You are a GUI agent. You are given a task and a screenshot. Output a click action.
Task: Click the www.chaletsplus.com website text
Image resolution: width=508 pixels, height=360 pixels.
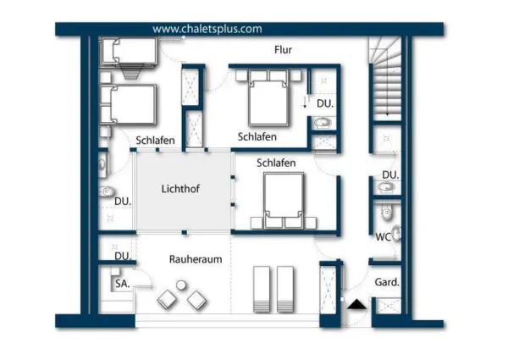tap(207, 28)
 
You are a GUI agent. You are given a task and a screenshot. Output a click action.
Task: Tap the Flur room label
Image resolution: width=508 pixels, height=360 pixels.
tap(284, 50)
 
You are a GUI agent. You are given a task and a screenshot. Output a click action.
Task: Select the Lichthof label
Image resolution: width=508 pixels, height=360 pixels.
tap(183, 188)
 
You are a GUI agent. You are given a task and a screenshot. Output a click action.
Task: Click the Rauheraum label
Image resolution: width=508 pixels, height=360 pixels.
tap(196, 259)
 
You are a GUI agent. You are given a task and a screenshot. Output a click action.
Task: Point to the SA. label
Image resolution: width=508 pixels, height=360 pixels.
tap(123, 285)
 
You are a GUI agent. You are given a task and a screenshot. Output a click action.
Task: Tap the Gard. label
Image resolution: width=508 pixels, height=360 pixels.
tap(387, 282)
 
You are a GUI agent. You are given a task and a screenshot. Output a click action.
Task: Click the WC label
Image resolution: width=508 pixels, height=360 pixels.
tap(383, 237)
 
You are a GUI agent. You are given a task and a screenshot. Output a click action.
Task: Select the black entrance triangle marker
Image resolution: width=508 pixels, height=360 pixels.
tap(356, 303)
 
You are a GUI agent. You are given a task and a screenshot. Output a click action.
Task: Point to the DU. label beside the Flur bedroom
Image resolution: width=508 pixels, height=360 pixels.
tap(324, 104)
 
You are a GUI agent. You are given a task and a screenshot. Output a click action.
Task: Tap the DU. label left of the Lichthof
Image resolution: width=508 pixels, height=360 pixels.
tap(123, 202)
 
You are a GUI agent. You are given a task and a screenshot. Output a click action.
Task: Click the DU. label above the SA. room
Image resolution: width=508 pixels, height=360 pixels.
tap(123, 256)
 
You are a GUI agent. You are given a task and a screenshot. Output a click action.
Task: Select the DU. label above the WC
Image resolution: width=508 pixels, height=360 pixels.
tap(389, 175)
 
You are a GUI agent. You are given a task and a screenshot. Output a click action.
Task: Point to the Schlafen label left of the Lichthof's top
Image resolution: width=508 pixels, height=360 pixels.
tap(156, 141)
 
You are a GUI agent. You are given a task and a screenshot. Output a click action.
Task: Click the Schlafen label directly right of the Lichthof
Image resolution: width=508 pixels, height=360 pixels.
tap(276, 163)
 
